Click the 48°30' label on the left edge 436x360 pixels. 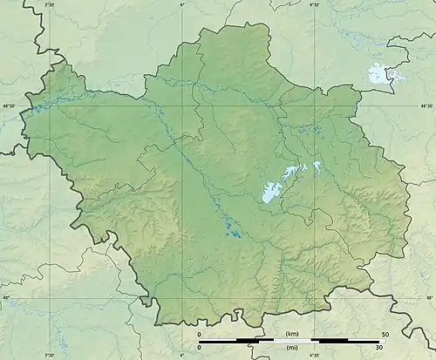tap(10, 106)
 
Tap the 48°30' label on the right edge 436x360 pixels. tap(426, 106)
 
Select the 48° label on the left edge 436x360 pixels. tap(5, 298)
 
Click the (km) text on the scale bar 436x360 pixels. tap(291, 334)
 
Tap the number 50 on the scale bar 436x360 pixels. tap(384, 334)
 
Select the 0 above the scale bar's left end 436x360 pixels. tap(199, 334)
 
